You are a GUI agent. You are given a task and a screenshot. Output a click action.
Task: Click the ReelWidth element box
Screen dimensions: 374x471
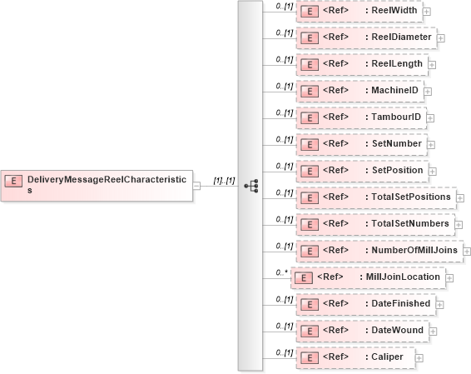click(359, 11)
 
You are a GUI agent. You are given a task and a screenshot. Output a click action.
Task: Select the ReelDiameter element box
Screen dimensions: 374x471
click(366, 37)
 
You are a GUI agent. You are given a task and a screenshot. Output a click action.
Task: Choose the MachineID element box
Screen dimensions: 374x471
click(360, 90)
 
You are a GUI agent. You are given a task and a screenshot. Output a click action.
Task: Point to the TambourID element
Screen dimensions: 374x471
click(362, 117)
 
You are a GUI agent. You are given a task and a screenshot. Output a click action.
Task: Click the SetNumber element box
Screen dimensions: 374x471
click(361, 144)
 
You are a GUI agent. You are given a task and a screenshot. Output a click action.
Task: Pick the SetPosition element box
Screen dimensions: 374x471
click(362, 171)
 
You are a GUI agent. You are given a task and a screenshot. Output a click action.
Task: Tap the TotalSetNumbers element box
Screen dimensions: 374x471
click(375, 224)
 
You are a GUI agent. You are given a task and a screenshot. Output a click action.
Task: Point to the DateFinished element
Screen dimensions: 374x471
click(365, 304)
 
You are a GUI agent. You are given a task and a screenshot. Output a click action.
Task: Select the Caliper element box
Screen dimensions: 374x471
click(355, 357)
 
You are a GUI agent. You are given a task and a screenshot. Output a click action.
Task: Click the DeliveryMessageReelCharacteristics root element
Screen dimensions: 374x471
click(97, 184)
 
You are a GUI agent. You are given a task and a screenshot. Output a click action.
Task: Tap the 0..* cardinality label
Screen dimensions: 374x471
click(281, 272)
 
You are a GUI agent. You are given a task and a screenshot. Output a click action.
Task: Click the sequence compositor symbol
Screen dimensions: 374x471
click(250, 185)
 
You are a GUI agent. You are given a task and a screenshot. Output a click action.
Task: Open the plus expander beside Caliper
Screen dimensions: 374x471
click(419, 358)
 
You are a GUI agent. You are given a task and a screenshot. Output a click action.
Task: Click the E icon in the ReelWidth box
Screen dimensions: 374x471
click(309, 12)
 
